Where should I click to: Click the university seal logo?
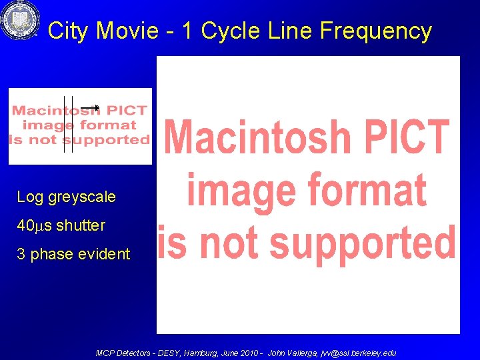(x=20, y=20)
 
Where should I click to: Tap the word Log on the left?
(x=29, y=197)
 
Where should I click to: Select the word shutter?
(x=81, y=226)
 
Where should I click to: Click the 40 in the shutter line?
(x=25, y=226)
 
